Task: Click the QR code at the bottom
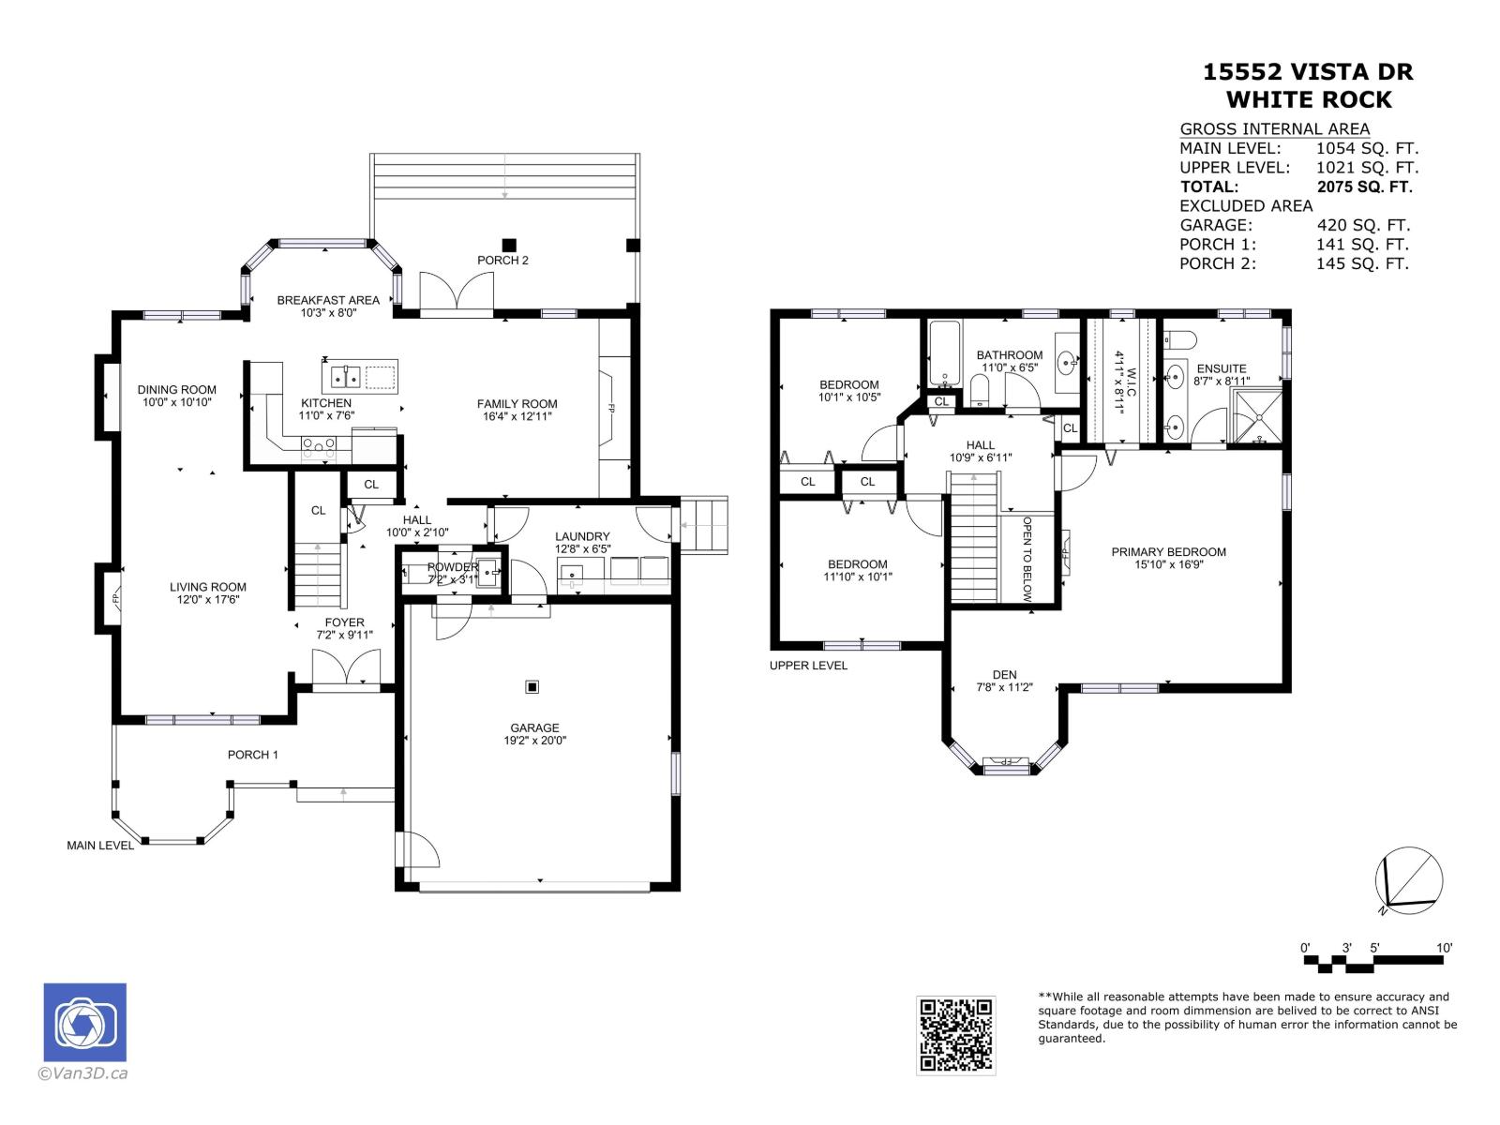pyautogui.click(x=955, y=1035)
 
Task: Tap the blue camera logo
pyautogui.click(x=84, y=1023)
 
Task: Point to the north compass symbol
pyautogui.click(x=1408, y=880)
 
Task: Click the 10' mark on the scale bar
pyautogui.click(x=1444, y=949)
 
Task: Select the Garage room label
pyautogui.click(x=534, y=727)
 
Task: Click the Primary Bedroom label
pyautogui.click(x=1168, y=552)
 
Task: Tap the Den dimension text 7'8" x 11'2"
pyautogui.click(x=1004, y=687)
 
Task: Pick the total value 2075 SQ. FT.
pyautogui.click(x=1364, y=187)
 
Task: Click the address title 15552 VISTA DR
pyautogui.click(x=1308, y=72)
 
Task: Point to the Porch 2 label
pyautogui.click(x=502, y=260)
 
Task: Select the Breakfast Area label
pyautogui.click(x=328, y=300)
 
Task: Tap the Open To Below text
pyautogui.click(x=1027, y=559)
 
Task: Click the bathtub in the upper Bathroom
pyautogui.click(x=942, y=353)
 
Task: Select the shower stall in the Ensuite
pyautogui.click(x=1256, y=415)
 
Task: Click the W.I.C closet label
pyautogui.click(x=1124, y=382)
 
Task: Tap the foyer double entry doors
pyautogui.click(x=347, y=669)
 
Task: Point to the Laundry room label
pyautogui.click(x=581, y=536)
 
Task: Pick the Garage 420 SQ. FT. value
pyautogui.click(x=1362, y=225)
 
